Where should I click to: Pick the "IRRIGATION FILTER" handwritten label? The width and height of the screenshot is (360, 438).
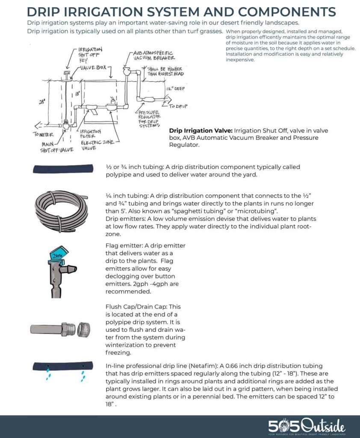coord(90,134)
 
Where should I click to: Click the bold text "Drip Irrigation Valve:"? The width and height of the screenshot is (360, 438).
coord(201,130)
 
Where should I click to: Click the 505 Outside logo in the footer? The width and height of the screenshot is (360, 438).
coord(307,426)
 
